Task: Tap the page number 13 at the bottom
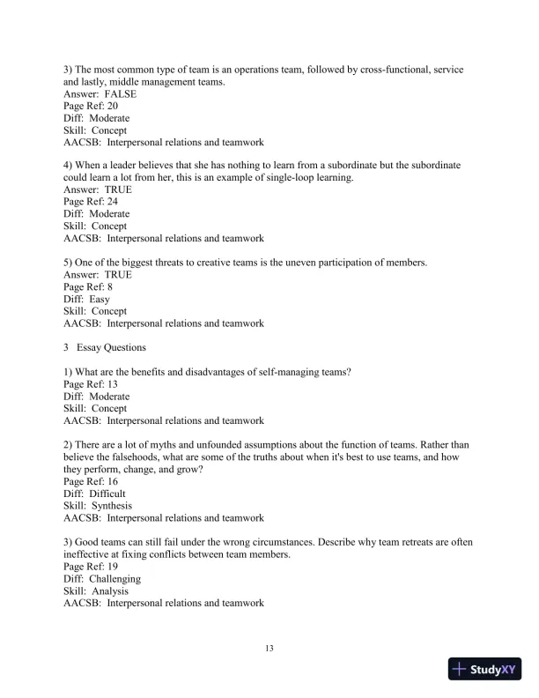point(269,649)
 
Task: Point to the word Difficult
point(107,494)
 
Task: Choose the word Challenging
point(114,579)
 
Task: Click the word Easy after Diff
point(100,299)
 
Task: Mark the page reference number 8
point(109,286)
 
